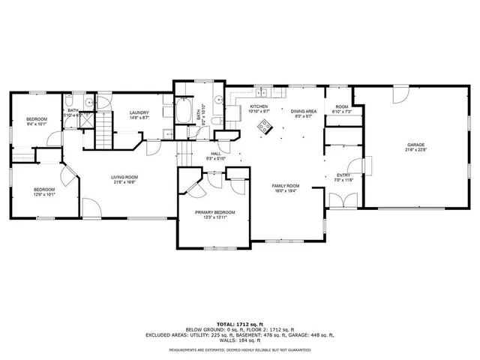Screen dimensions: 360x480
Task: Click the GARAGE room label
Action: [x=416, y=145]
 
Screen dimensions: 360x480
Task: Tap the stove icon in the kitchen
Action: [x=263, y=126]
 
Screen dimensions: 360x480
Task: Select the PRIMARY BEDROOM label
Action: [x=215, y=212]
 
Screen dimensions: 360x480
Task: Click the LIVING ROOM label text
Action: [x=125, y=177]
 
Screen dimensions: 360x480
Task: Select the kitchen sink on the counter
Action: [x=262, y=94]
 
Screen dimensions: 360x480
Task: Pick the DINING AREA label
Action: [x=304, y=110]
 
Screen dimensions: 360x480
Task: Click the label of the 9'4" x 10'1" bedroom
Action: [x=37, y=120]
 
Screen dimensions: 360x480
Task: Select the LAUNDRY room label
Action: [x=139, y=113]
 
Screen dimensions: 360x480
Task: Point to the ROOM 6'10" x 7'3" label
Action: [x=342, y=107]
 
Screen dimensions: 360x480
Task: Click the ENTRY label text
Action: [x=343, y=175]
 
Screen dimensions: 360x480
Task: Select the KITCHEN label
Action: [x=259, y=106]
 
